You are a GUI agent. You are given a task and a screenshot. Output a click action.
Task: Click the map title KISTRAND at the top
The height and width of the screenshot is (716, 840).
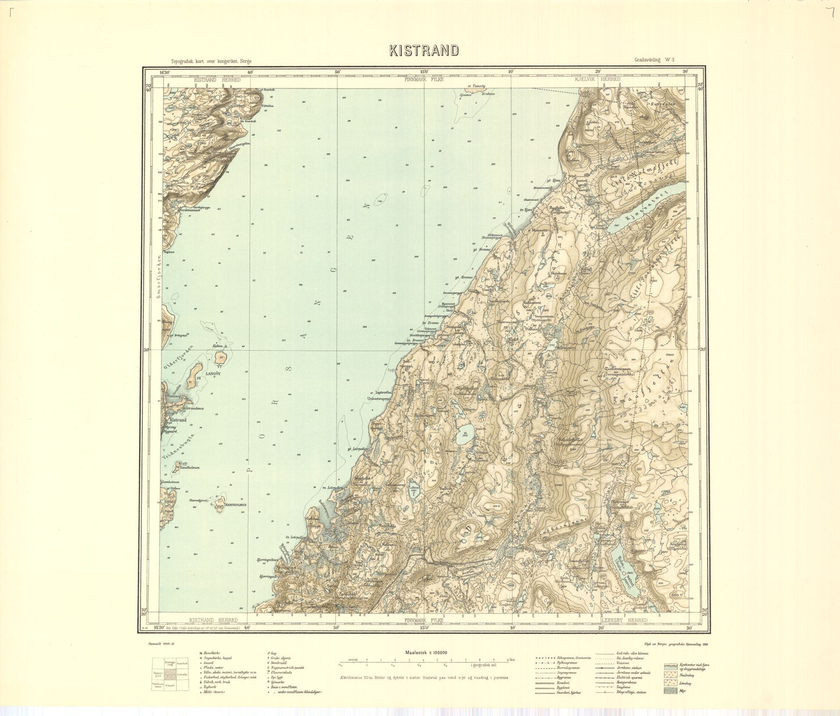(x=424, y=51)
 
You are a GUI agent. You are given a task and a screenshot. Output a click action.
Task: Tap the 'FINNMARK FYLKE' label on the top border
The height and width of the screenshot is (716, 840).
(x=424, y=79)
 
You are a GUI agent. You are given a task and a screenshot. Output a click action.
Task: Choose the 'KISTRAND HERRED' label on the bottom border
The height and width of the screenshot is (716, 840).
(x=209, y=620)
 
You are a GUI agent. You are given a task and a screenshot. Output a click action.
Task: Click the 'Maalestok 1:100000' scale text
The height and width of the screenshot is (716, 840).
(x=424, y=653)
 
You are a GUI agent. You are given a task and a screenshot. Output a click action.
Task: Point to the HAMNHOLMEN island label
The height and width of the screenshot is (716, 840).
(x=231, y=506)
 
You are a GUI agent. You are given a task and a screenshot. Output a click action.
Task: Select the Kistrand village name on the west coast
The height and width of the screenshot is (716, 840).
(x=177, y=419)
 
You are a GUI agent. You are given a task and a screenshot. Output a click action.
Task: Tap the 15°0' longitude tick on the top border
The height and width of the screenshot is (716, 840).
(x=424, y=73)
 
